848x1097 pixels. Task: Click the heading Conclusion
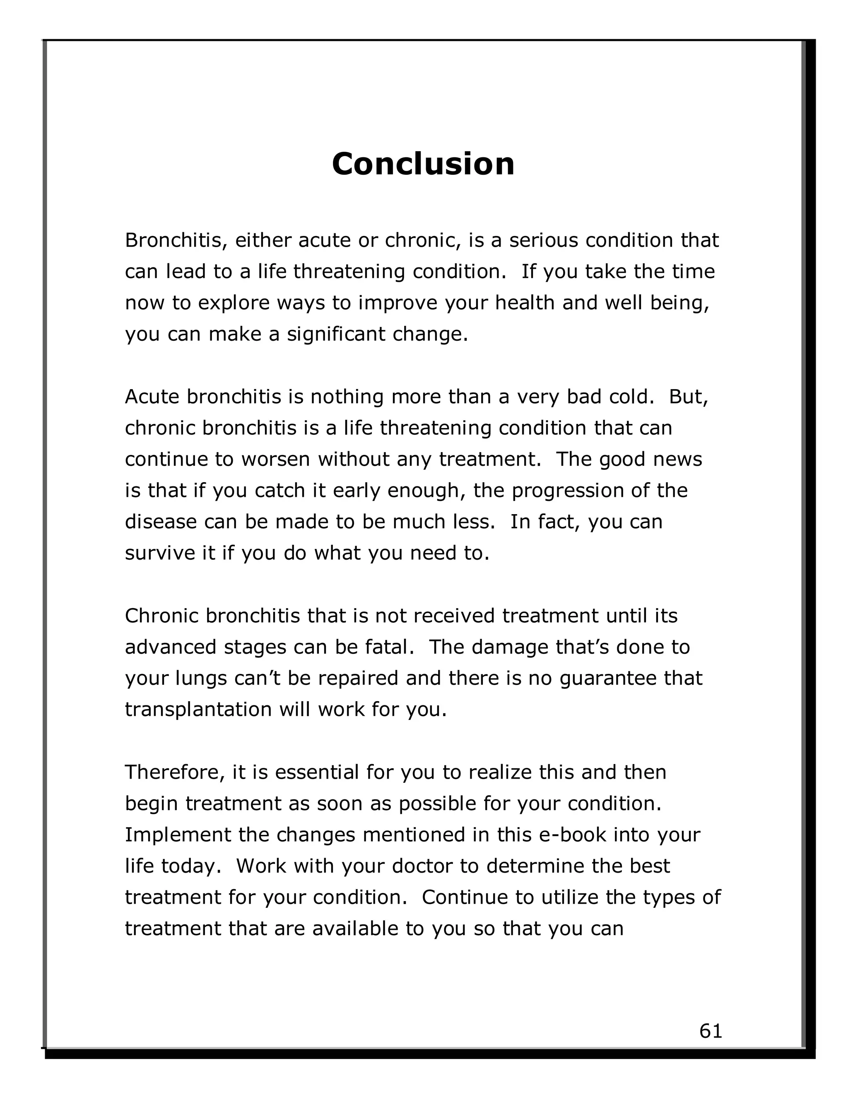pyautogui.click(x=423, y=164)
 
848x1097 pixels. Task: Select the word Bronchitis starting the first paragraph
pyautogui.click(x=172, y=241)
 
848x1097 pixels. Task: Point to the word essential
pyautogui.click(x=316, y=772)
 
